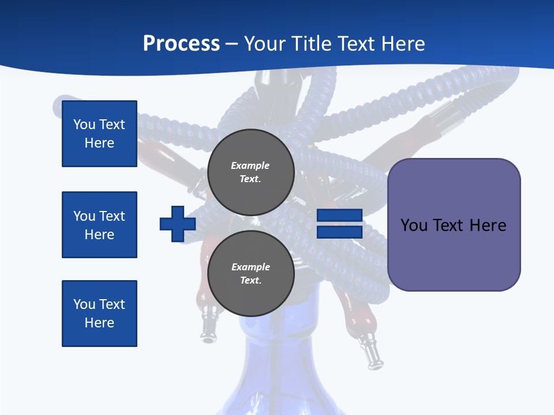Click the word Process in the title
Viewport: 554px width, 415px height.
(181, 43)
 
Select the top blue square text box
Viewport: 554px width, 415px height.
(99, 134)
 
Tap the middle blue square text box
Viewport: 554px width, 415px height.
(99, 225)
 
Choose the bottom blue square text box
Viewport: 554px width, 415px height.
(99, 314)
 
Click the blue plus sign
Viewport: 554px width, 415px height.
(178, 224)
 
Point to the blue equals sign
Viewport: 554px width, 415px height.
(339, 224)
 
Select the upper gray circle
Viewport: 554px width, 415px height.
(250, 172)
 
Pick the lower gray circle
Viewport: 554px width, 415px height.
(250, 274)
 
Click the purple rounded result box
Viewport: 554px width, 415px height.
(454, 225)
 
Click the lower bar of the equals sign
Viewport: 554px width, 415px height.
(339, 232)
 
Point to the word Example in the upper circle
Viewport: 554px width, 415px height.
(250, 165)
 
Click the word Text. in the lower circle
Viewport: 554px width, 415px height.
(250, 281)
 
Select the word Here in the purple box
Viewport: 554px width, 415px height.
(488, 225)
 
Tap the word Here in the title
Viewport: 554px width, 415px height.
(400, 43)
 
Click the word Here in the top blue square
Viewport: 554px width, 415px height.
(99, 143)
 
